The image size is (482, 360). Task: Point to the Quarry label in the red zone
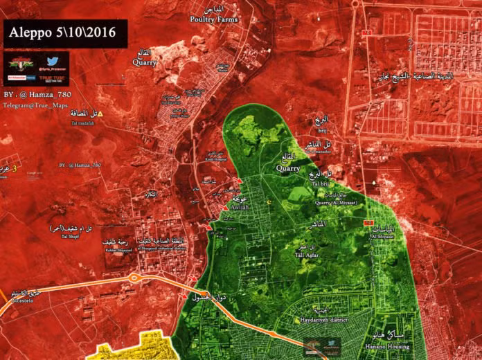tap(145, 63)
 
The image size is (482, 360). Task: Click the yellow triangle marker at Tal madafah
tap(100, 114)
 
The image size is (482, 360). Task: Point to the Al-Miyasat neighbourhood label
tap(383, 235)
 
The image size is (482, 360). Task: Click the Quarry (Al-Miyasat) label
tap(335, 203)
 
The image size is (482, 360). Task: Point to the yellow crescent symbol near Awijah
tap(270, 203)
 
